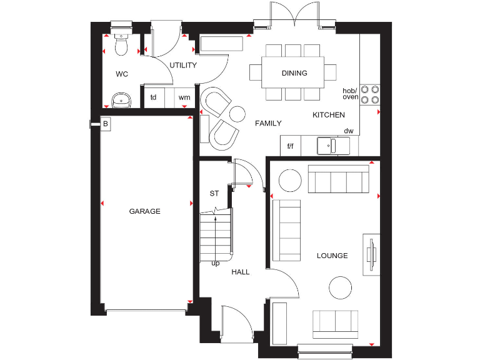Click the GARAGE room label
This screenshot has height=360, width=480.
pos(144,211)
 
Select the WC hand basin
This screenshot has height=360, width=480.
pos(121,99)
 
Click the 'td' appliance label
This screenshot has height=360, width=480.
pos(153,97)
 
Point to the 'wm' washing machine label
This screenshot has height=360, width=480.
pos(184,97)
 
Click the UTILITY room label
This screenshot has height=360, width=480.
pos(183,65)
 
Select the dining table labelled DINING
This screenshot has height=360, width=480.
pos(294,73)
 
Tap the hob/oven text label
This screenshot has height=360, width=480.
pos(351,93)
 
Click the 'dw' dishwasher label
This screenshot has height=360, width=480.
pos(349,131)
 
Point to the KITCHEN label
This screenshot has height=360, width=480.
pos(329,115)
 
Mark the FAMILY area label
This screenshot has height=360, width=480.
pos(268,123)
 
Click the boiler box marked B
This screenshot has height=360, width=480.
pos(106,124)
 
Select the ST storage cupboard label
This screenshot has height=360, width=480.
pos(214,193)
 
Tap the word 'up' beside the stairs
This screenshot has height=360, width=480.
pos(216,263)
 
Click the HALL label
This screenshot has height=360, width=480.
pos(241,272)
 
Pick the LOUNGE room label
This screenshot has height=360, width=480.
pos(332,256)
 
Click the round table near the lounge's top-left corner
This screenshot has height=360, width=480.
pos(289,181)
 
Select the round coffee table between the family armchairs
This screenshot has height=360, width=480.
pos(237,114)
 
